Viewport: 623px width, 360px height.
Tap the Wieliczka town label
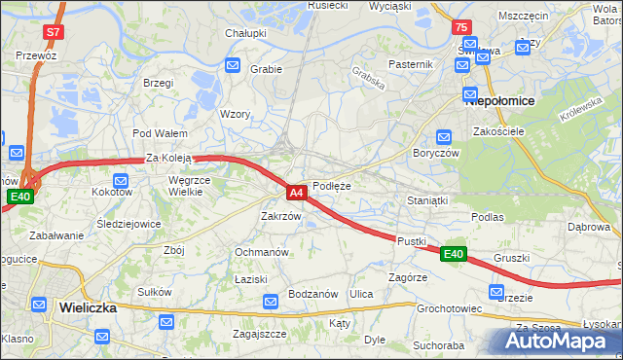[x=88, y=306]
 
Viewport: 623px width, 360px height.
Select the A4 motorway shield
[x=298, y=193]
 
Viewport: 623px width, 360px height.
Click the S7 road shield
[x=53, y=32]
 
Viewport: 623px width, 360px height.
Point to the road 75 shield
[x=461, y=28]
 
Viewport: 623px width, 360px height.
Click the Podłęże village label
[x=332, y=185]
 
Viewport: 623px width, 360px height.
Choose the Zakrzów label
[x=281, y=216]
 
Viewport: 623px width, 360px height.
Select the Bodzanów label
[x=313, y=294]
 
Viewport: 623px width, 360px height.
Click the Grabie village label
[x=266, y=69]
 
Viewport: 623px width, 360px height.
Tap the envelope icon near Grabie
[x=234, y=65]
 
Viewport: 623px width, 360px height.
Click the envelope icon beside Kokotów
[x=121, y=180]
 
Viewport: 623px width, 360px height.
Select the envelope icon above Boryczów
[x=444, y=137]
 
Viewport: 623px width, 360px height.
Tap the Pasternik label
[x=410, y=63]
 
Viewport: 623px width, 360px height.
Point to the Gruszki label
[x=511, y=258]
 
